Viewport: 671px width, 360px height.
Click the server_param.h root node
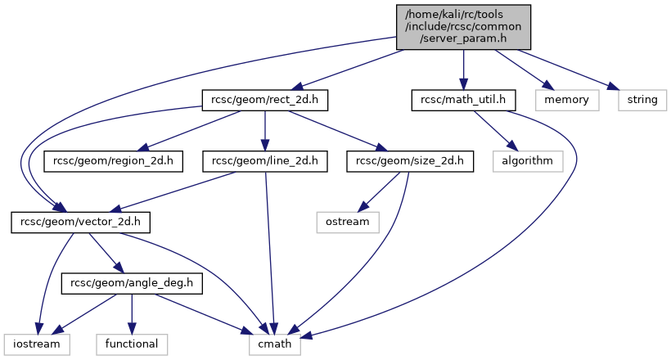pyautogui.click(x=464, y=27)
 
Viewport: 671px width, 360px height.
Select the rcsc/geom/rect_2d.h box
pyautogui.click(x=265, y=101)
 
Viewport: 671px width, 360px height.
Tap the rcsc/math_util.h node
pyautogui.click(x=463, y=101)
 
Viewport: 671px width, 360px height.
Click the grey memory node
pyautogui.click(x=566, y=101)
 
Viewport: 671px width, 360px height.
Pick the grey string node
pyautogui.click(x=642, y=101)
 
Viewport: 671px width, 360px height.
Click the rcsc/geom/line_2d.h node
pyautogui.click(x=265, y=161)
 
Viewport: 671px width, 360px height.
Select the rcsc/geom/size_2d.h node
pyautogui.click(x=411, y=161)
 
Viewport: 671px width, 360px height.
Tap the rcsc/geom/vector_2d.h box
pyautogui.click(x=70, y=222)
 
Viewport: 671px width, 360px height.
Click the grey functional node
pyautogui.click(x=133, y=344)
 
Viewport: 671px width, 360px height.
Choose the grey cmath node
pyautogui.click(x=275, y=344)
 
